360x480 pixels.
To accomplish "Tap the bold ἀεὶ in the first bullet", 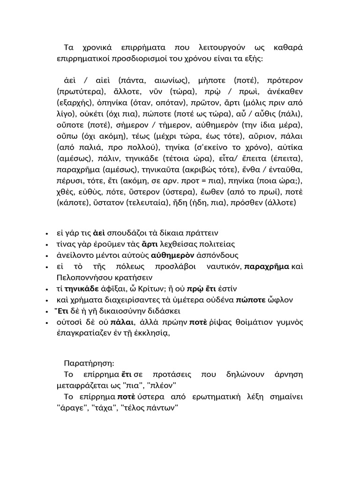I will [98, 233].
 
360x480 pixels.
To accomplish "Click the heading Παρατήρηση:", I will [88, 363].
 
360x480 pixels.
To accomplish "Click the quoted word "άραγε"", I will [71, 408].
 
